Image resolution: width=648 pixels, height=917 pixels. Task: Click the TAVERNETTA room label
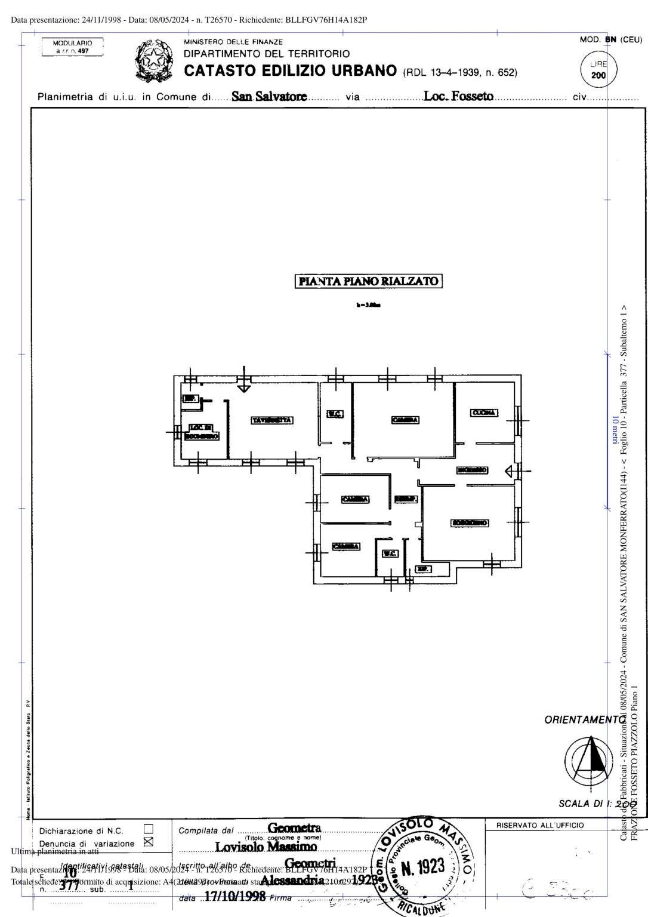click(272, 420)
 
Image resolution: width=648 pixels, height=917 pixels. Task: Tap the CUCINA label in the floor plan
click(484, 413)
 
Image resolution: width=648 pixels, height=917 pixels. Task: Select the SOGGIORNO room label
click(470, 523)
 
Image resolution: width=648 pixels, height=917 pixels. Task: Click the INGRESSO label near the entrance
click(472, 470)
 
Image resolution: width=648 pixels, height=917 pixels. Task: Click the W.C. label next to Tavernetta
click(335, 414)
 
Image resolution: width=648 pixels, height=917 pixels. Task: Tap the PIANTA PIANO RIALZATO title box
click(369, 281)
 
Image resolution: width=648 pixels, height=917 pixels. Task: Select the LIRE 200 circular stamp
click(598, 70)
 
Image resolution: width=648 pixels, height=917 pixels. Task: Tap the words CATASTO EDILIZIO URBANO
click(290, 71)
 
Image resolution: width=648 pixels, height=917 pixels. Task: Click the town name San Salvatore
click(269, 96)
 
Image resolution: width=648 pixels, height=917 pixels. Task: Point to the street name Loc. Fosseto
click(458, 96)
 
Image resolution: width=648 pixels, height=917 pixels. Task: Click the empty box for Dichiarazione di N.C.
click(149, 829)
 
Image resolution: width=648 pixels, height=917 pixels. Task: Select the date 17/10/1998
click(234, 897)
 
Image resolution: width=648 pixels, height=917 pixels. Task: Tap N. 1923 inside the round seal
click(422, 867)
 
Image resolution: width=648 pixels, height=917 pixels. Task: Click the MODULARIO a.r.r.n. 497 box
click(72, 47)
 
